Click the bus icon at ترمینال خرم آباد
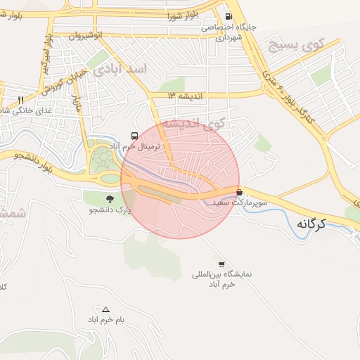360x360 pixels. [x=134, y=135]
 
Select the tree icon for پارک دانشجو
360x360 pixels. [x=109, y=198]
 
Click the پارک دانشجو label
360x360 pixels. [x=110, y=210]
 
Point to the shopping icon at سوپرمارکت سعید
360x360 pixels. [x=240, y=191]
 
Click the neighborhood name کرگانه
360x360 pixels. [x=314, y=224]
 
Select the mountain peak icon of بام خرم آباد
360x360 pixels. [x=106, y=309]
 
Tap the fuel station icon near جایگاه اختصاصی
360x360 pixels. [x=228, y=17]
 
